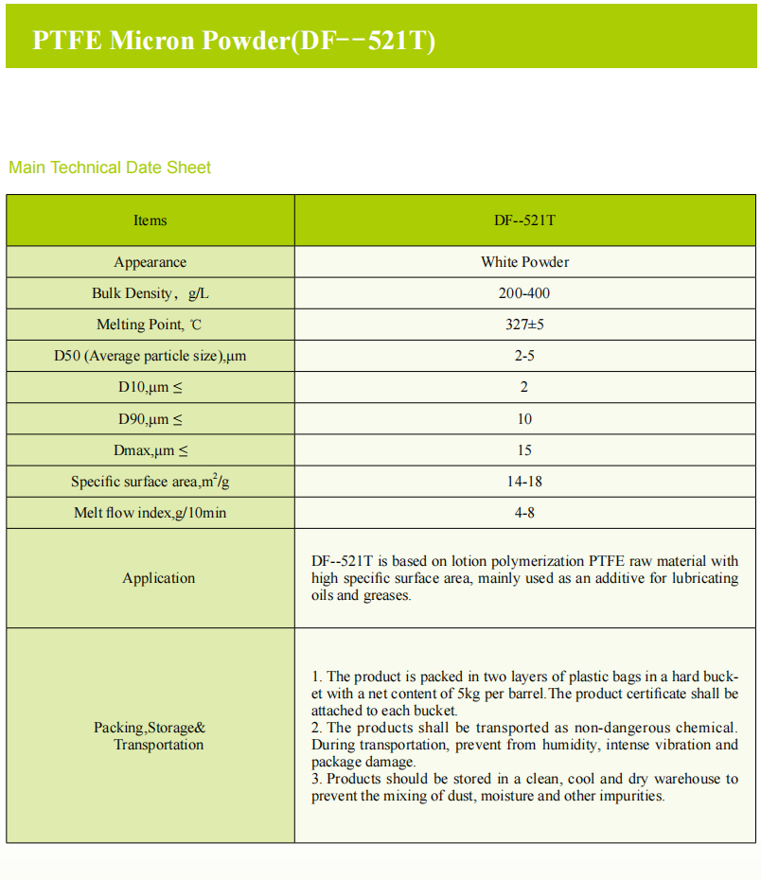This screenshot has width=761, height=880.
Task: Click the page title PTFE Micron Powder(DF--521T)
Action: (x=234, y=41)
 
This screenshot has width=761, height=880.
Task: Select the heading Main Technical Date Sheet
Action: (x=110, y=167)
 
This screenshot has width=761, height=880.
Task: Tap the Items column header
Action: (x=150, y=220)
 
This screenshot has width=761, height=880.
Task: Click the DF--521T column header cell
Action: (x=524, y=220)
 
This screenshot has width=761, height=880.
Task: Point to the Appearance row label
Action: (x=150, y=262)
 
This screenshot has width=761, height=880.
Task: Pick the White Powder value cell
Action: (x=524, y=262)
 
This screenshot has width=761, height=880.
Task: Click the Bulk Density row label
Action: (x=150, y=293)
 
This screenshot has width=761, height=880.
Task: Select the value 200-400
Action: (x=524, y=293)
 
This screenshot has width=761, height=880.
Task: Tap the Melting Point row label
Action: (x=150, y=325)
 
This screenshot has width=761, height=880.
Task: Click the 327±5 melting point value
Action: (x=524, y=325)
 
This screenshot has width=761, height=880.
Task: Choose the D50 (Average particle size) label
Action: (x=150, y=357)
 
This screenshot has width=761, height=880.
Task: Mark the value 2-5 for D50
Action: (x=524, y=357)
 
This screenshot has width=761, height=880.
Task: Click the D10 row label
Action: (x=150, y=388)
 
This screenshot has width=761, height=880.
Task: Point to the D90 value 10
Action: (x=524, y=419)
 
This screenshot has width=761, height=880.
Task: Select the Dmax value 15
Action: (x=524, y=450)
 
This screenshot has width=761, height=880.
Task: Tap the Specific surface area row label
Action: (x=150, y=482)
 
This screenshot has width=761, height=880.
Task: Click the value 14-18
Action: (x=524, y=482)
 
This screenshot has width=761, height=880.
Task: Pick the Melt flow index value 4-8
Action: (x=524, y=513)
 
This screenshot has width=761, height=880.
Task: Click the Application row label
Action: (x=158, y=578)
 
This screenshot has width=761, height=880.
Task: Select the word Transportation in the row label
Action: (x=159, y=745)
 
